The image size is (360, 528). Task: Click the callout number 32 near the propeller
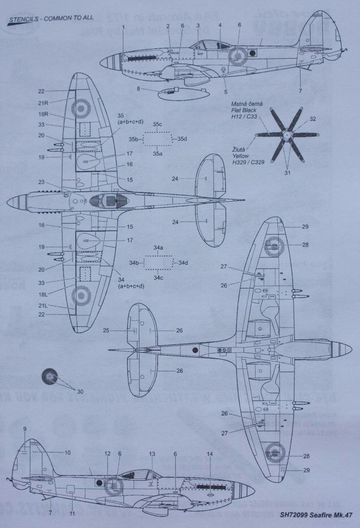coord(312,119)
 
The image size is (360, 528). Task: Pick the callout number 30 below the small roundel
coord(79,392)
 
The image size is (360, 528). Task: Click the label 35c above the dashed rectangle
coord(157,123)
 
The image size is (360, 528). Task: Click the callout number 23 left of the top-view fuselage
coord(41,182)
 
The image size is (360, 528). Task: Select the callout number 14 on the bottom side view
coord(210,454)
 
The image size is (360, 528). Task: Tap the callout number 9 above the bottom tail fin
coord(25,430)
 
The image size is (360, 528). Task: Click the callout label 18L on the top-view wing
coord(42,294)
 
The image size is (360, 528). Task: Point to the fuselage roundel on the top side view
coord(237,55)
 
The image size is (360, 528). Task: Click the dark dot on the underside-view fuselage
coord(195,350)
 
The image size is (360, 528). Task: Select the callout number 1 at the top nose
coord(122,26)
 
